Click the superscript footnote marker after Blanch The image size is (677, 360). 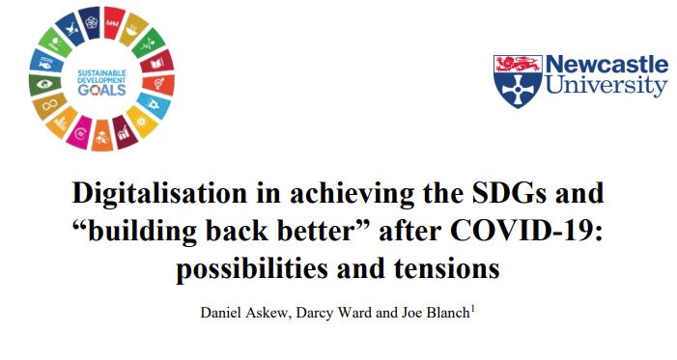[x=471, y=310]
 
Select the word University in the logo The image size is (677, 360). [x=606, y=87]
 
